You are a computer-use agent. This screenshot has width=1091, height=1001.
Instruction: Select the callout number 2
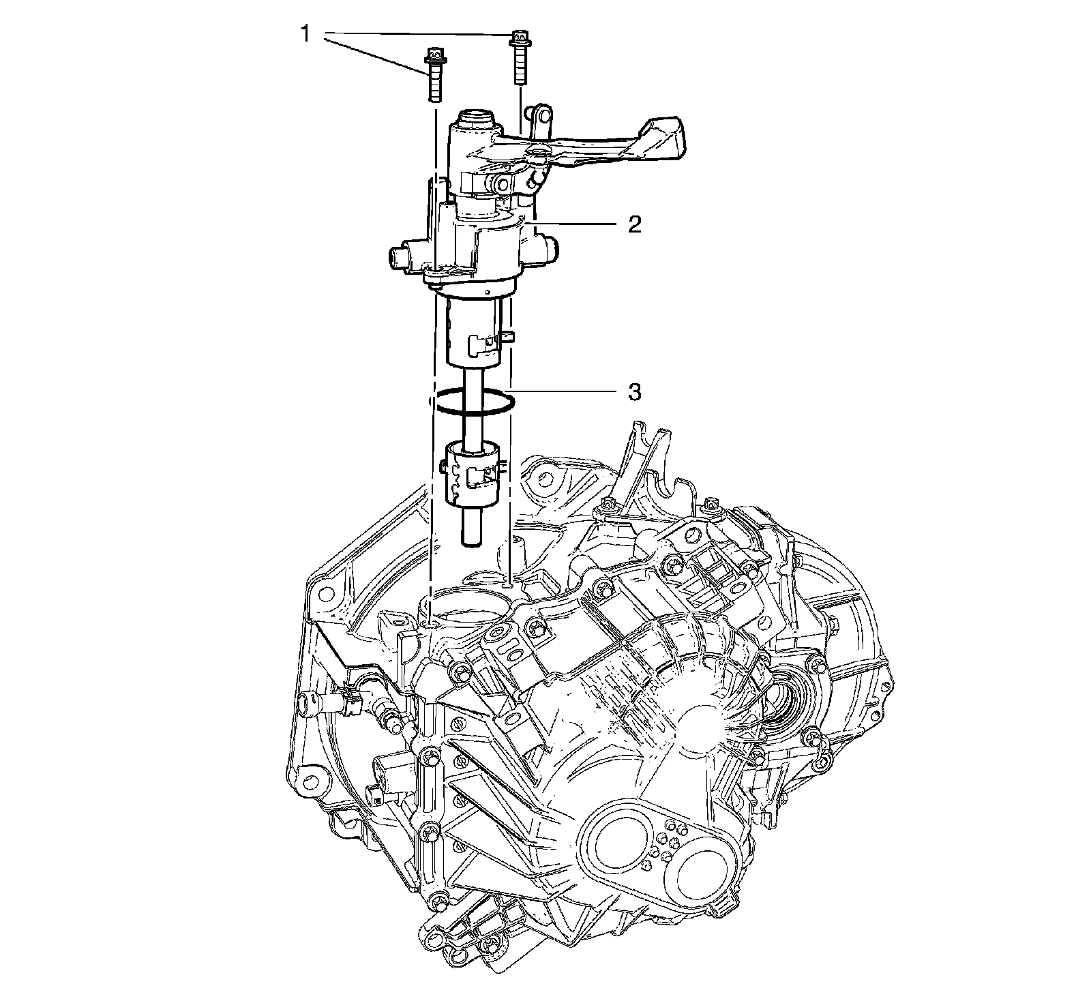pos(634,225)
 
